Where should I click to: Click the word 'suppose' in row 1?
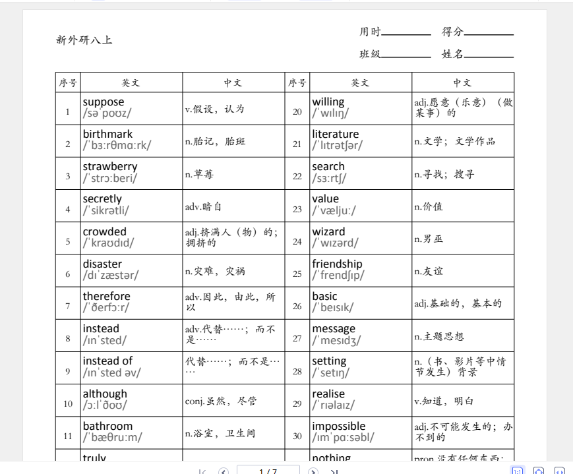click(x=104, y=102)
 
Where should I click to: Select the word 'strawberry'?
click(x=110, y=167)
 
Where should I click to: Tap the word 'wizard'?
click(x=328, y=231)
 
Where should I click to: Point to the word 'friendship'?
click(x=337, y=264)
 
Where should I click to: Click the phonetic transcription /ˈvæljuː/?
click(x=334, y=211)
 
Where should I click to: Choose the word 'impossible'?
click(x=338, y=426)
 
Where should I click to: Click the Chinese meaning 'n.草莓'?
click(x=199, y=174)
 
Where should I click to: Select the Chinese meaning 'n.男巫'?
click(x=429, y=239)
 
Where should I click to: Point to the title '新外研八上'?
click(x=84, y=40)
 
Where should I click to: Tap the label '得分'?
click(x=452, y=32)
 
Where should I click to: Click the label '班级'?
click(x=370, y=54)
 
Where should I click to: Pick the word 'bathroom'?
click(x=107, y=426)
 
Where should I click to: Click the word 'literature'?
click(x=336, y=134)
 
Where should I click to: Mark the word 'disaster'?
click(x=102, y=264)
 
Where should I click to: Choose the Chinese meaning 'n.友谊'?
click(x=429, y=271)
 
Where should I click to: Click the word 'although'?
click(x=105, y=394)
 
